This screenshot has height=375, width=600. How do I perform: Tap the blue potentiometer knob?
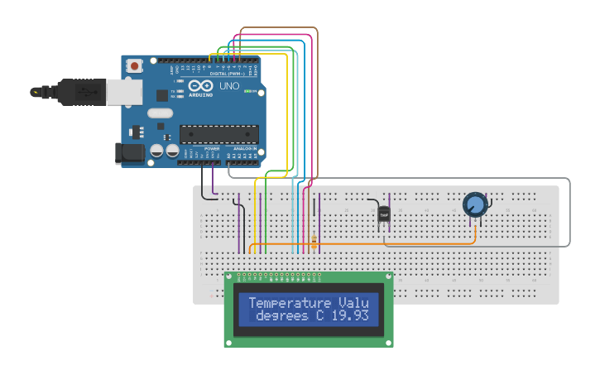(475, 204)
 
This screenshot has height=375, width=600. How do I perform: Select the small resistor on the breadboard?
(314, 241)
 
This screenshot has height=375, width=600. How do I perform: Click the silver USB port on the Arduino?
(125, 92)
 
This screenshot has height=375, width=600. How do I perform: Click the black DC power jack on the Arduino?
(130, 151)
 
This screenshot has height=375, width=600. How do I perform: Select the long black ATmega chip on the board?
(219, 134)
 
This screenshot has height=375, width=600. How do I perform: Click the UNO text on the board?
(229, 86)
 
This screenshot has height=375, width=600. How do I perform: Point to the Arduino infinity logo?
(200, 85)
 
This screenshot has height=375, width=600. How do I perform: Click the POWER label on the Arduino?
(200, 148)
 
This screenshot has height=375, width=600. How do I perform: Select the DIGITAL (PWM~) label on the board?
(228, 74)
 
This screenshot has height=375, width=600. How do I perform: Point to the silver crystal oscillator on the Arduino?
(161, 113)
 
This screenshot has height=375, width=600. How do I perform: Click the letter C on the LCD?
(319, 316)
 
